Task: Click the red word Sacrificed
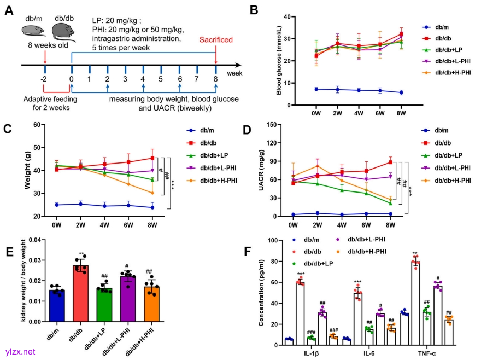[x=216, y=40]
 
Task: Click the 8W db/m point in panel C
[x=152, y=207]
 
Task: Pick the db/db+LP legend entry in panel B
[x=449, y=50]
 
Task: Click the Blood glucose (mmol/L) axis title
[x=279, y=60]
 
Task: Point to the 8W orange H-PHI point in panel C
[x=152, y=193]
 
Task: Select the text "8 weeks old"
[x=48, y=46]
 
